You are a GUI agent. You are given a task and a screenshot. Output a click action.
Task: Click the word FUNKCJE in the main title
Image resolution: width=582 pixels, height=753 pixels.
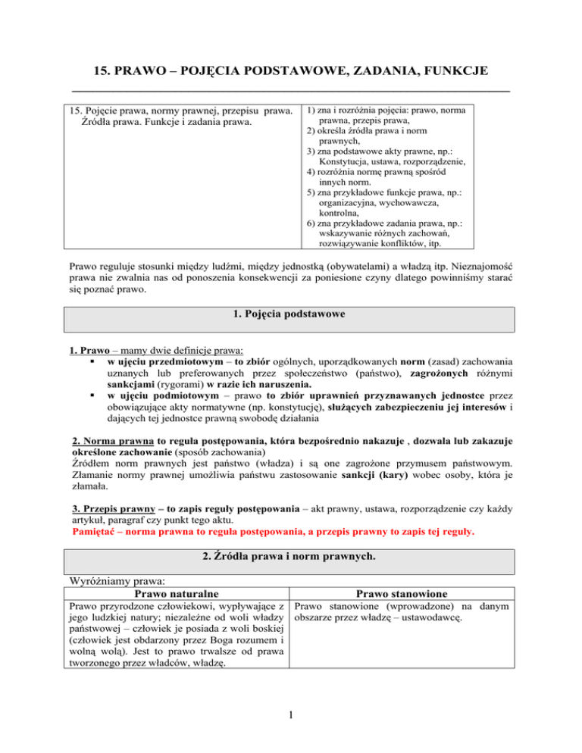point(446,72)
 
